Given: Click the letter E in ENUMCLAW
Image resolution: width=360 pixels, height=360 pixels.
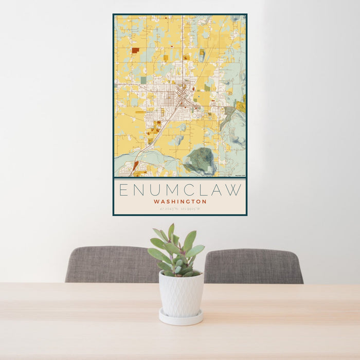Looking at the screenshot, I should (x=123, y=190).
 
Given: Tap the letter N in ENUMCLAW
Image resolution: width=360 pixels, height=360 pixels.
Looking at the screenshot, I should (x=139, y=190).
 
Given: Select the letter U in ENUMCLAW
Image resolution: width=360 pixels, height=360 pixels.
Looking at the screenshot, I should (x=156, y=190).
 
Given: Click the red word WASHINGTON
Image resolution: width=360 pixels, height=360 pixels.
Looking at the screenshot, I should (x=180, y=202).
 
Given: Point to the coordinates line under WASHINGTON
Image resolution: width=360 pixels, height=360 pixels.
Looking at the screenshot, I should (x=180, y=209).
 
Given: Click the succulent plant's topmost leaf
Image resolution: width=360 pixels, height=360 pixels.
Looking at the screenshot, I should (x=171, y=231).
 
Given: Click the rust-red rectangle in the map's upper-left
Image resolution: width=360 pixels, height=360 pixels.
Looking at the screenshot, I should (x=135, y=50).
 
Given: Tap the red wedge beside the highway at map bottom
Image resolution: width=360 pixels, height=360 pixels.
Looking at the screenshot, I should (x=135, y=166).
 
